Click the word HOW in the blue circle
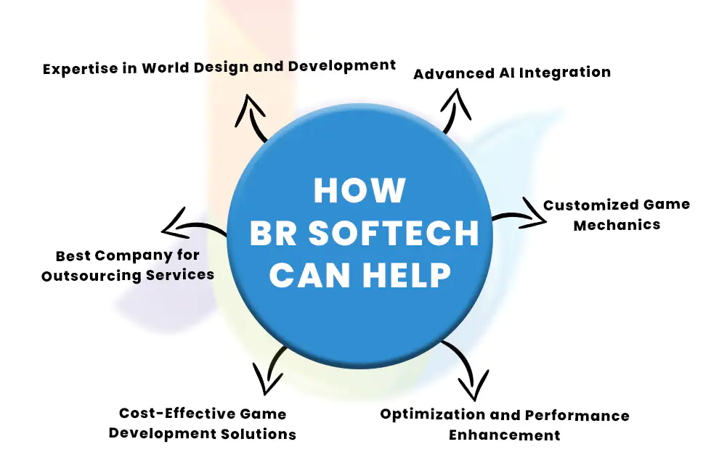click(x=359, y=190)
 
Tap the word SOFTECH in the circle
click(x=394, y=233)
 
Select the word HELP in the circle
click(x=407, y=275)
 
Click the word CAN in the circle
click(x=310, y=275)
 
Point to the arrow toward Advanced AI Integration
click(x=453, y=112)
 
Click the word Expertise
click(x=81, y=69)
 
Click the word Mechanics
click(x=617, y=225)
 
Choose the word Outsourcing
click(x=92, y=276)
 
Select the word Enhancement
click(x=505, y=435)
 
